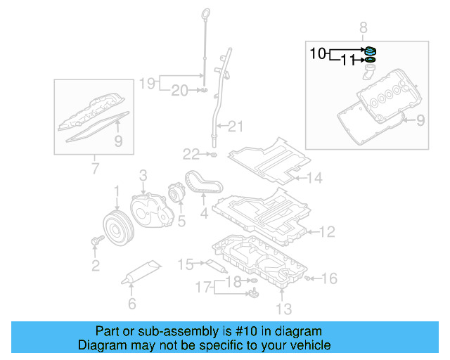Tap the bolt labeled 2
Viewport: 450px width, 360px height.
pos(96,241)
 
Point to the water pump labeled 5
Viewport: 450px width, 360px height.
pos(175,193)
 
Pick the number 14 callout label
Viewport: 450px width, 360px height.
pos(314,179)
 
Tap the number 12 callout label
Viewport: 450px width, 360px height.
pos(328,231)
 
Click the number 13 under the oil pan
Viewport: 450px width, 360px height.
pos(283,308)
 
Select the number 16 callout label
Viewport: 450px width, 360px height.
pos(329,278)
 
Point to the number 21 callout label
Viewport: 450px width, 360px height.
pos(235,127)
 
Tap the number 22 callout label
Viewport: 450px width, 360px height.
pos(191,153)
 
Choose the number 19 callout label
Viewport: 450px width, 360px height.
pos(146,84)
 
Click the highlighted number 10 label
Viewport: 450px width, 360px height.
pos(317,53)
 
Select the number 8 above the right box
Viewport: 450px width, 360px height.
pos(364,28)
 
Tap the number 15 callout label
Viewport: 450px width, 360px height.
pos(185,264)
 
